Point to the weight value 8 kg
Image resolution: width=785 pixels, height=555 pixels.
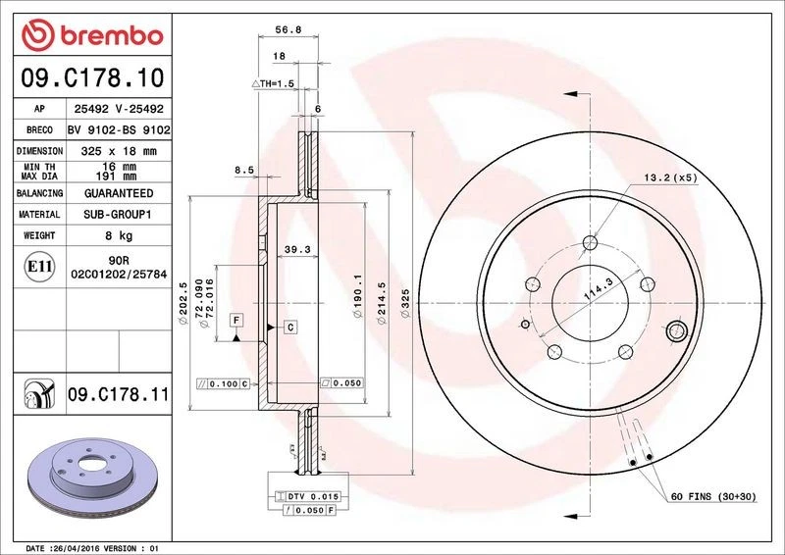coord(119,235)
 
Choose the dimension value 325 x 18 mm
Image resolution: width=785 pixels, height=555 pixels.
coord(119,151)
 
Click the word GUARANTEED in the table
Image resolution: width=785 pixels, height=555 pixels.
coord(119,193)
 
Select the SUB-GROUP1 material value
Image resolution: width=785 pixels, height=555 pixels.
coord(119,214)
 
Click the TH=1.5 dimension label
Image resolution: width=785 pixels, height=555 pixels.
coord(278,84)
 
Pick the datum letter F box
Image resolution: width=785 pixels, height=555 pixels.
coord(236,320)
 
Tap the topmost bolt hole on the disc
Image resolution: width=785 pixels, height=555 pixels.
coord(590,244)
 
